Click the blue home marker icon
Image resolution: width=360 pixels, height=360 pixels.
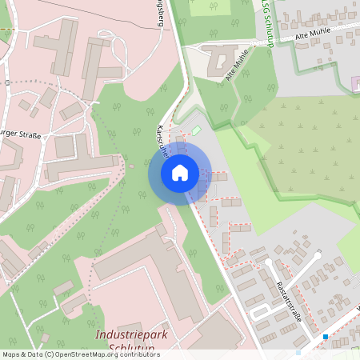tap(180, 172)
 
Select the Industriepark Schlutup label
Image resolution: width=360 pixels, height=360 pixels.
tap(131, 341)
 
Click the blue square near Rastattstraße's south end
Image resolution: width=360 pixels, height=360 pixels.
tap(326, 337)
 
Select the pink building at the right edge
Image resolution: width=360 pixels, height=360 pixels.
tap(355, 83)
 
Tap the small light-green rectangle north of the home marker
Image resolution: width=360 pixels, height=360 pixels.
tap(195, 130)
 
